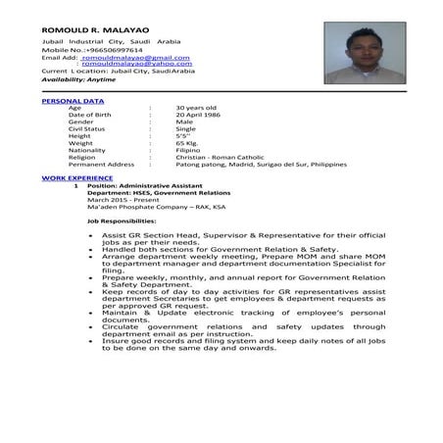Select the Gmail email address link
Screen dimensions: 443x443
(135, 58)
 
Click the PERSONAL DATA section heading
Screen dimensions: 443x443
(68, 101)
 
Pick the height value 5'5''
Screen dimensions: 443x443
(183, 135)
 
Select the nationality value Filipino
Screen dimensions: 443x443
(190, 150)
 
